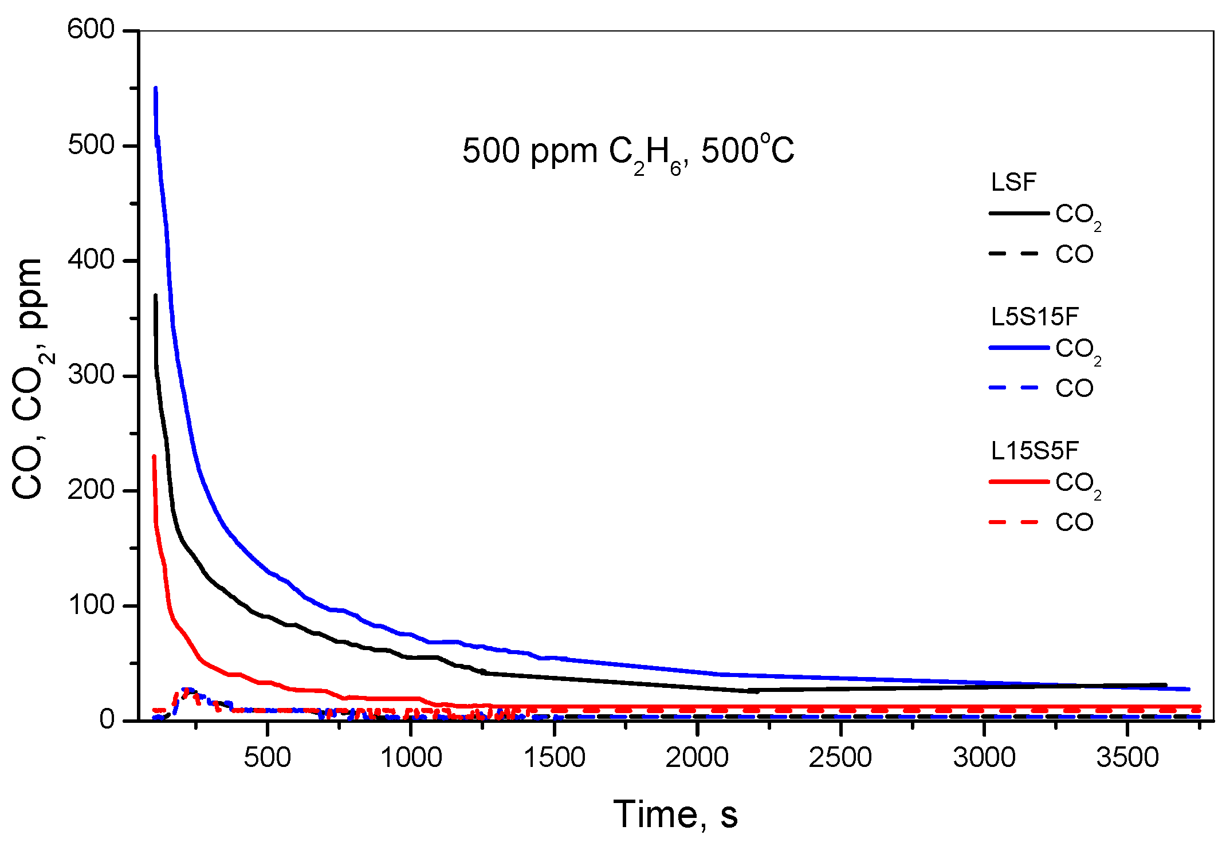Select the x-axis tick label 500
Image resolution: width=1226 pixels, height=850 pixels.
click(267, 758)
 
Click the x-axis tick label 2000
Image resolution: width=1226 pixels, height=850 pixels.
click(697, 758)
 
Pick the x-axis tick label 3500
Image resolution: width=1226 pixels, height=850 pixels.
click(1127, 758)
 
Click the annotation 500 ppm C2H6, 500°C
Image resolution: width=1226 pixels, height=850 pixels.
click(628, 152)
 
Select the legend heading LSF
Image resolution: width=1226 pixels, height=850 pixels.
click(1013, 183)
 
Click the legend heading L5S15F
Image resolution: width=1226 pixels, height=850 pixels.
click(1035, 317)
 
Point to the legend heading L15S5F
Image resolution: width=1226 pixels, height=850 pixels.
click(1035, 451)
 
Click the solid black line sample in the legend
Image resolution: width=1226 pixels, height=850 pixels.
click(1019, 214)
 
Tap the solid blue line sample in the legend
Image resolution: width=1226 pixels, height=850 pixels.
click(1019, 348)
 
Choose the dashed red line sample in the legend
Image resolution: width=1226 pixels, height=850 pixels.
click(1014, 522)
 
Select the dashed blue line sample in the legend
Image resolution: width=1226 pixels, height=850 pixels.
click(1014, 388)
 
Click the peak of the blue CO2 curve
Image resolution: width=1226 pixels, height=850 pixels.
click(156, 89)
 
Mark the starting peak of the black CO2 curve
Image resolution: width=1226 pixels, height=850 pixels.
click(155, 296)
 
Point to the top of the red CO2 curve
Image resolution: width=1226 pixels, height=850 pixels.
click(154, 457)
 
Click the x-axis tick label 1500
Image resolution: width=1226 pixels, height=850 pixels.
click(554, 758)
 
